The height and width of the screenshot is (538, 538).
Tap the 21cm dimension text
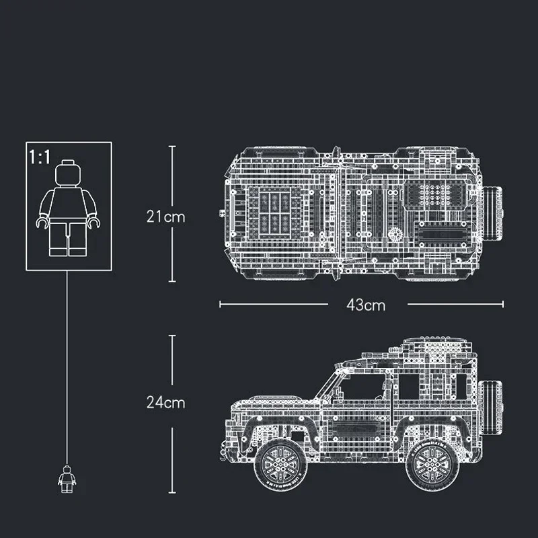pyautogui.click(x=165, y=217)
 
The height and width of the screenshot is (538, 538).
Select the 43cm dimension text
pyautogui.click(x=366, y=305)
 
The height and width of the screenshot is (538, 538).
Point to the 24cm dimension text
pyautogui.click(x=165, y=403)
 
